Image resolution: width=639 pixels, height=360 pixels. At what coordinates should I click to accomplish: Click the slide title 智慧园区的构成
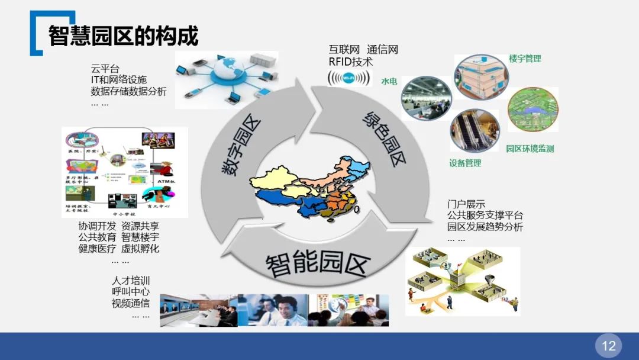(x=123, y=36)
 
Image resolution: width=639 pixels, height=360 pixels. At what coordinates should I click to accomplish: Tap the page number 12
(x=608, y=346)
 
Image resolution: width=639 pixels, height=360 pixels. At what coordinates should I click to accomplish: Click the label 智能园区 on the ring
(x=318, y=263)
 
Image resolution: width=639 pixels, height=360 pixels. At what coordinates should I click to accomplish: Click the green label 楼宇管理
(x=525, y=59)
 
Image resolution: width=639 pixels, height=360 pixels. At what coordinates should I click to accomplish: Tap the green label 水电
(x=389, y=81)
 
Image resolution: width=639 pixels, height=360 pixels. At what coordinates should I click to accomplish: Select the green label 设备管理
(x=465, y=163)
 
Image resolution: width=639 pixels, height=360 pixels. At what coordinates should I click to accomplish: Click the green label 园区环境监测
(x=530, y=149)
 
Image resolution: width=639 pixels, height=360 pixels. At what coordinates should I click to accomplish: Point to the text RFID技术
(x=351, y=61)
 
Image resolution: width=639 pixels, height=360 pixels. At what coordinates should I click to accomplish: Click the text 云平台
(x=105, y=69)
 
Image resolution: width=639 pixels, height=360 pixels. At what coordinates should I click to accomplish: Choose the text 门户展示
(x=466, y=204)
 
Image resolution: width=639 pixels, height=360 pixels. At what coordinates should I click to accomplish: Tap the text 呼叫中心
(x=130, y=292)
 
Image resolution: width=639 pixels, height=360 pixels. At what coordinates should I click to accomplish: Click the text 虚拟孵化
(x=140, y=249)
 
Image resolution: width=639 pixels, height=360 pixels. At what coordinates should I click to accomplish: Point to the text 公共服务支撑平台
(x=485, y=216)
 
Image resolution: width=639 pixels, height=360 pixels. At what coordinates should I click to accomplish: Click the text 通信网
(x=382, y=50)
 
